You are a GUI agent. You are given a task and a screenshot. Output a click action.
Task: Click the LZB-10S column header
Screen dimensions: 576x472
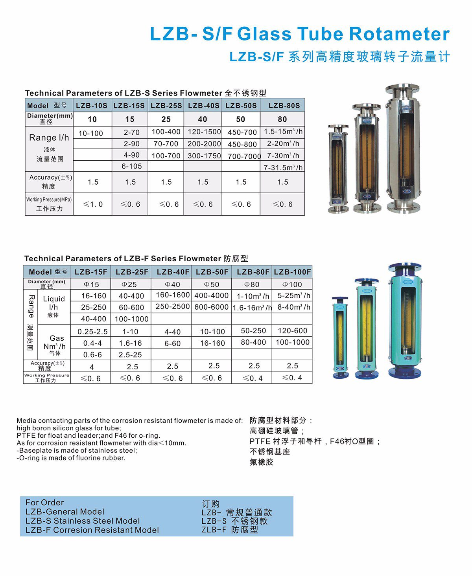coord(91,105)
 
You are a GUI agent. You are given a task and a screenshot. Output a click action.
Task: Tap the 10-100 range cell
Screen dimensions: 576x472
coord(91,133)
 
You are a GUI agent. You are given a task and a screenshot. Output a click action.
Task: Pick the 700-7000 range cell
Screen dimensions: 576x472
coord(244,156)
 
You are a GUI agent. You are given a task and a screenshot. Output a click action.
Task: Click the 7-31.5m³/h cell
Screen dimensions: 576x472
coord(283,167)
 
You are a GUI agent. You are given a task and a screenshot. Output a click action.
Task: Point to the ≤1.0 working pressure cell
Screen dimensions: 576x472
coord(93,204)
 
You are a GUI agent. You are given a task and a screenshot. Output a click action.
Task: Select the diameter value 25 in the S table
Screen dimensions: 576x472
coord(166,119)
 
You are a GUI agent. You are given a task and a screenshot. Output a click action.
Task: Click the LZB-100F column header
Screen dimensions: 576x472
coord(292,272)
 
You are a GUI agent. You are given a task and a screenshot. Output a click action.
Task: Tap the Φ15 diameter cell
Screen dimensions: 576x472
coord(91,284)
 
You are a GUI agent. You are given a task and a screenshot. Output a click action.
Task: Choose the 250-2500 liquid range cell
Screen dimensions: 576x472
coord(173,306)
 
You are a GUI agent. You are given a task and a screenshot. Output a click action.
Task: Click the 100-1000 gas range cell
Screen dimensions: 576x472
coord(292,342)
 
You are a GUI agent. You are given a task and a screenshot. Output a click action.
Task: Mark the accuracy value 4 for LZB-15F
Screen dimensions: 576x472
coord(92,367)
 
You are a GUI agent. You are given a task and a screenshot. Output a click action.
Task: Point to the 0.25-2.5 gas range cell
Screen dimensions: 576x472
coord(92,331)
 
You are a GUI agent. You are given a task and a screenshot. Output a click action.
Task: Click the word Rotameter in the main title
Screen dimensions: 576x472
coord(399,34)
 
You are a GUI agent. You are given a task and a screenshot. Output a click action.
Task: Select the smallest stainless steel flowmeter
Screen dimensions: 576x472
coord(338,169)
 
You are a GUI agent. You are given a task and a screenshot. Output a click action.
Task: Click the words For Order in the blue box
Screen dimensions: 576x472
coord(44,503)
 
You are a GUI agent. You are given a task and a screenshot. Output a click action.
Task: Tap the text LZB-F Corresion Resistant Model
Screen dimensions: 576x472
coord(92,530)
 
